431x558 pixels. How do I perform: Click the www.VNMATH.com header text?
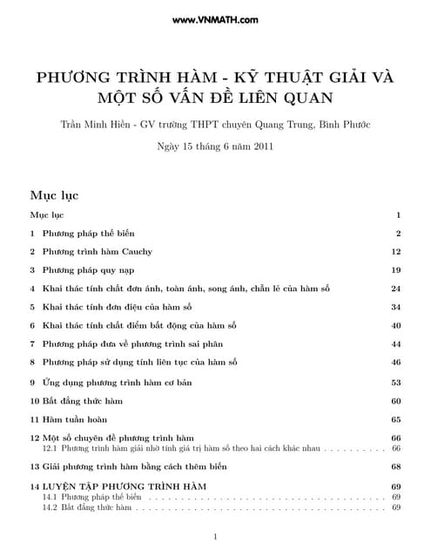point(215,18)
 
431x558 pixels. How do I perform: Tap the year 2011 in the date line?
point(263,146)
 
